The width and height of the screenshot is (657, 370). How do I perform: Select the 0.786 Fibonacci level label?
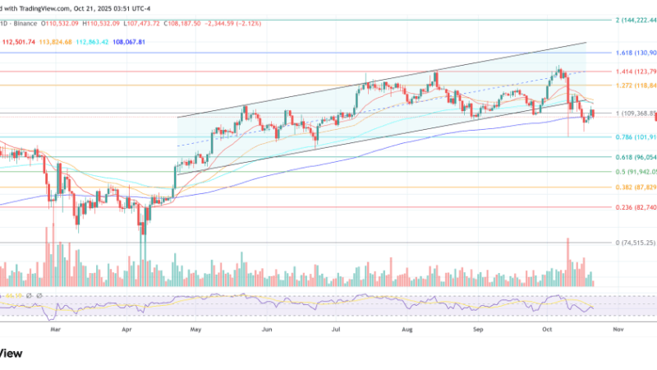624,136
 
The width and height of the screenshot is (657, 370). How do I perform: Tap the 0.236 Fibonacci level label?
624,207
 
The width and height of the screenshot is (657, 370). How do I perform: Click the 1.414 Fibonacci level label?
624,72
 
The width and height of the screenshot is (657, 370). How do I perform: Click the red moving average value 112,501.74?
21,40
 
